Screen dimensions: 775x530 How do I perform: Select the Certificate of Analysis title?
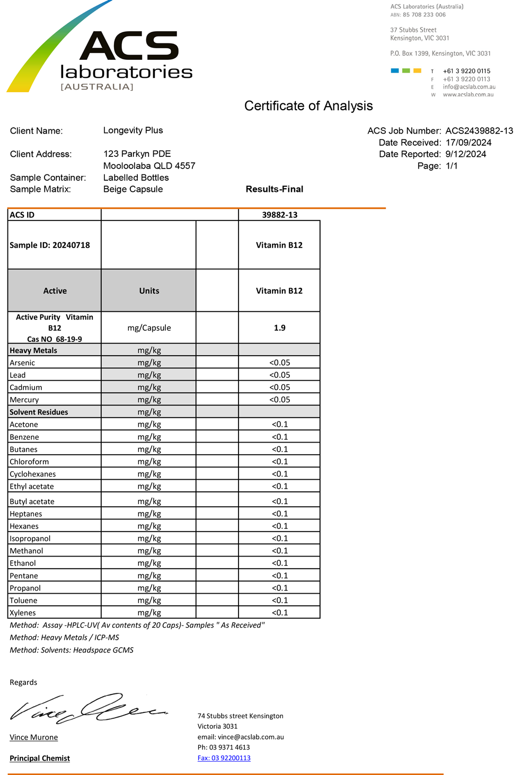[308, 106]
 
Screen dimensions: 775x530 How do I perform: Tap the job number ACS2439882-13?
[479, 131]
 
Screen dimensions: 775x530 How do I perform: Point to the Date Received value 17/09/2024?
[468, 143]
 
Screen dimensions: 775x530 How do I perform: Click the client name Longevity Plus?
[133, 130]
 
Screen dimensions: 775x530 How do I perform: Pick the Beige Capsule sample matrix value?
[133, 189]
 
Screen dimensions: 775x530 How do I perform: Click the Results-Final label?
[275, 189]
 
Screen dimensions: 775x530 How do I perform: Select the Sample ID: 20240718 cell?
[50, 245]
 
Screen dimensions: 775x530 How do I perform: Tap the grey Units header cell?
[149, 290]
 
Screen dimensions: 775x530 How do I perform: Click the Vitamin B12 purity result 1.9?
[279, 328]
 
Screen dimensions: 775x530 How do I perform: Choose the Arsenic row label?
[22, 363]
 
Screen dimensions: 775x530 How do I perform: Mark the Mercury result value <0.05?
[279, 400]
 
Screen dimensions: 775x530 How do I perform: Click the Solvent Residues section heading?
[39, 412]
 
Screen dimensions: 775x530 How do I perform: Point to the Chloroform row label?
[29, 462]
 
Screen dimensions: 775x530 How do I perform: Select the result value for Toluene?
[279, 600]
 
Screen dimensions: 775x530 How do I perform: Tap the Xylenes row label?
[23, 613]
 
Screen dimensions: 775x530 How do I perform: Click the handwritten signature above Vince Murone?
[87, 708]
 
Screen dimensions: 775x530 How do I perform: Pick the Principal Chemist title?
[40, 758]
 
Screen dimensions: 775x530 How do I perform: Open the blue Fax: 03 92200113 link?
[224, 758]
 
